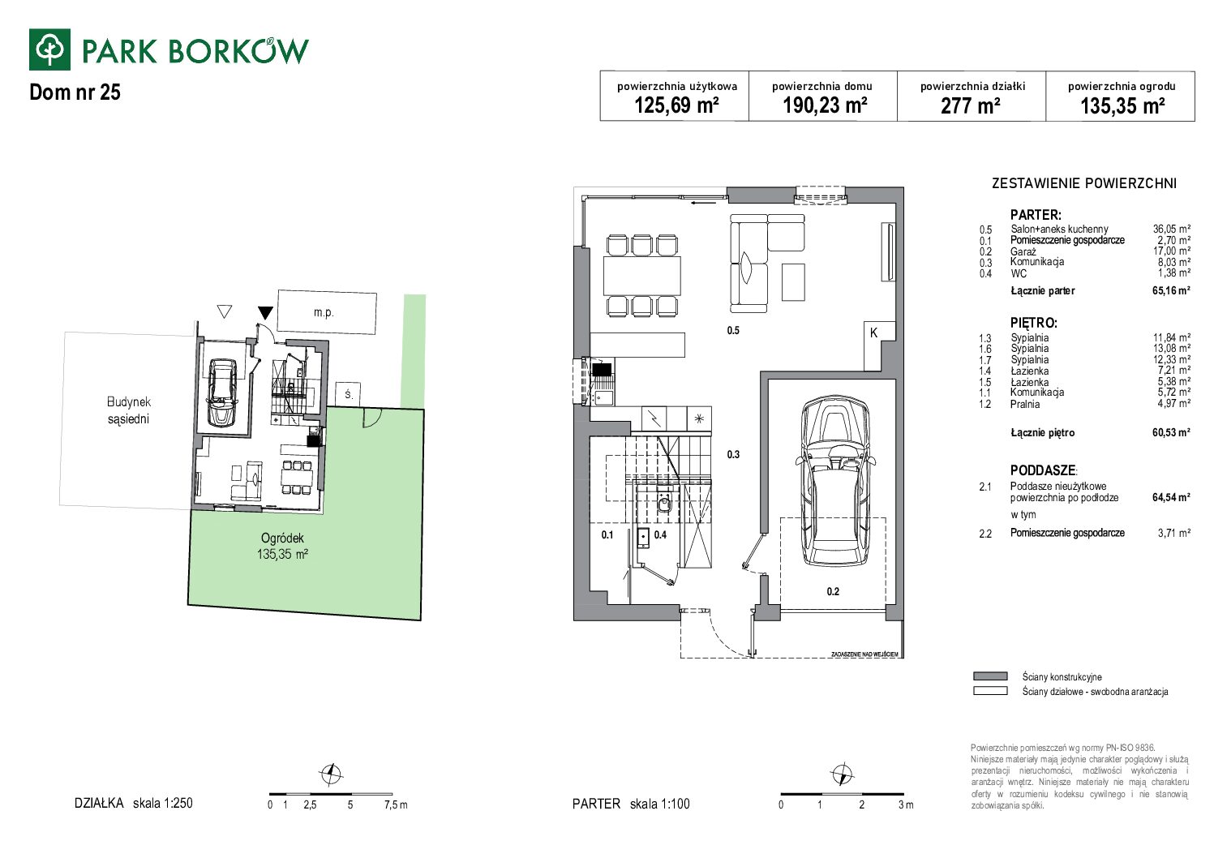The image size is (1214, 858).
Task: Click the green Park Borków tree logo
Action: [x=49, y=49]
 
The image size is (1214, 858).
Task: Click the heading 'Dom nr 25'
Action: [x=75, y=92]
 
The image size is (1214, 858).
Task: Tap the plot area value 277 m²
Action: [x=970, y=105]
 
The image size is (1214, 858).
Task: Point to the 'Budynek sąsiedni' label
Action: [x=128, y=410]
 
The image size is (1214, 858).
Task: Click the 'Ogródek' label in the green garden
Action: [x=282, y=538]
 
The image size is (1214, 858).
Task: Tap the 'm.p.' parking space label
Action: [x=324, y=313]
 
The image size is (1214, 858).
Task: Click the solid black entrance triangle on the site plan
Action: [x=265, y=313]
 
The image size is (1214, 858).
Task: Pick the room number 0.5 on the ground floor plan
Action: [x=733, y=330]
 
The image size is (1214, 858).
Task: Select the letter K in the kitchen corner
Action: [x=873, y=332]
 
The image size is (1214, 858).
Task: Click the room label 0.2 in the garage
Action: [x=833, y=591]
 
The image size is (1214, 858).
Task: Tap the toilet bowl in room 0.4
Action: [x=664, y=504]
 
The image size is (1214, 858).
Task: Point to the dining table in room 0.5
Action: [x=642, y=276]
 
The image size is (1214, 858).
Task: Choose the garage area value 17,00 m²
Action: [x=1171, y=251]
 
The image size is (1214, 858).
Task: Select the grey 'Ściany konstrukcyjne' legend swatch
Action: [x=990, y=676]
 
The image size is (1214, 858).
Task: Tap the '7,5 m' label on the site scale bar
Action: [x=396, y=805]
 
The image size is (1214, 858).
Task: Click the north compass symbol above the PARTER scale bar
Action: [x=843, y=774]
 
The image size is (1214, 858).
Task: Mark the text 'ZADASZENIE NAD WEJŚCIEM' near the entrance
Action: [x=864, y=654]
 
